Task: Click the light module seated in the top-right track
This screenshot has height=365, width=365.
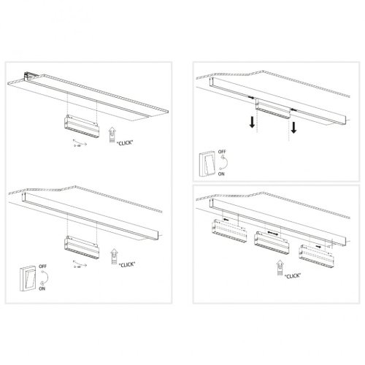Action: [274, 109]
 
